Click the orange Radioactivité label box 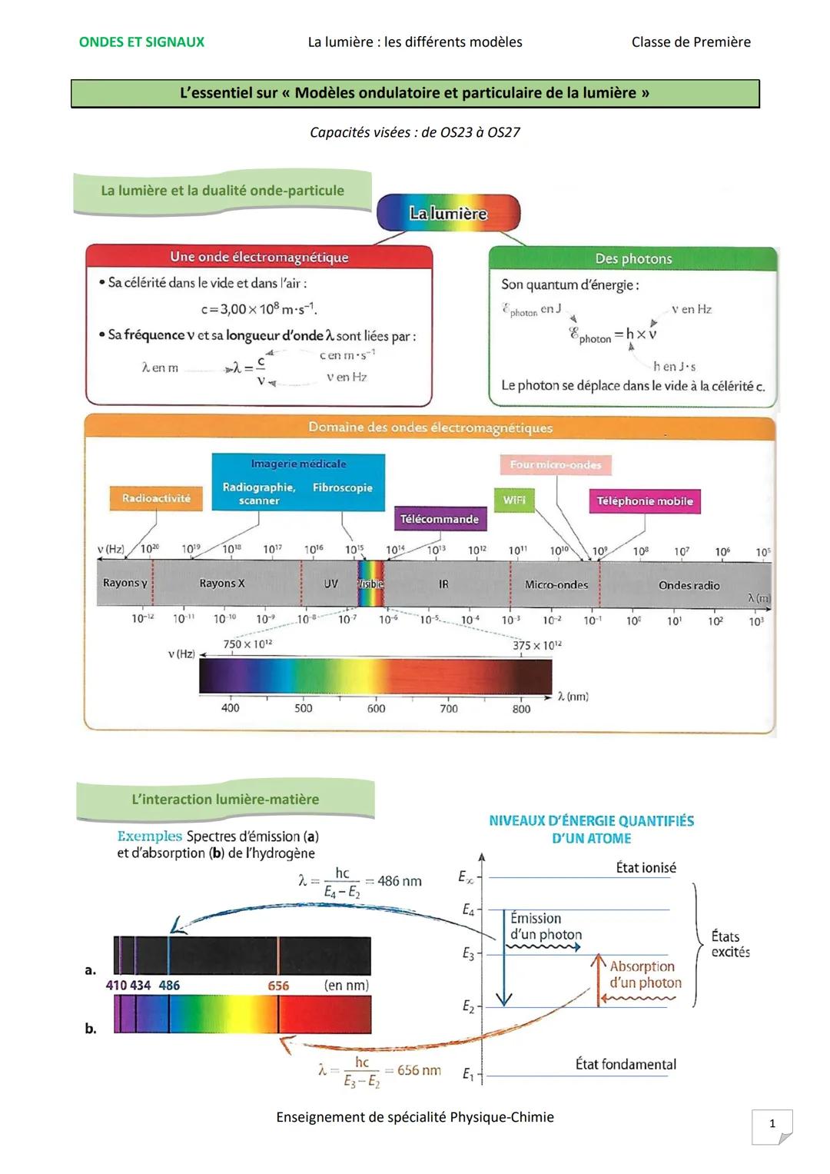[x=155, y=498]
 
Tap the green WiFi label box [x=514, y=500]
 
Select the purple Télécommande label [x=440, y=519]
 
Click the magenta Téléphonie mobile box [x=644, y=501]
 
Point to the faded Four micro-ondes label [x=555, y=464]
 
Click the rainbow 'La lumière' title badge [x=448, y=213]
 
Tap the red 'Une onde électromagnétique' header [x=259, y=257]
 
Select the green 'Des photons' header [x=633, y=259]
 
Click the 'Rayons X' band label [x=222, y=584]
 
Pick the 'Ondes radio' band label [x=689, y=585]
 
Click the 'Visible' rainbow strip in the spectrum [x=370, y=584]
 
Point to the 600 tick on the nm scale [x=376, y=708]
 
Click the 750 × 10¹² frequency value [x=247, y=644]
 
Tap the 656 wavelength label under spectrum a [x=278, y=986]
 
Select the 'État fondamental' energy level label [x=626, y=1064]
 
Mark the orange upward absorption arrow [x=598, y=980]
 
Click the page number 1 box [x=772, y=1124]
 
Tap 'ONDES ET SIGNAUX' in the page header [x=141, y=42]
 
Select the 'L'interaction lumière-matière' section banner [x=225, y=800]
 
